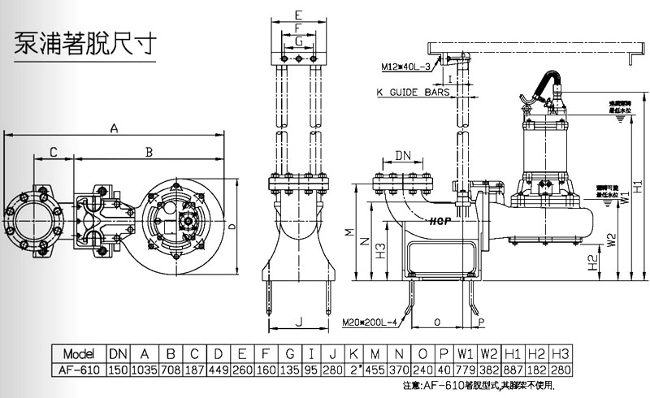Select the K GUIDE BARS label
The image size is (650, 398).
413,93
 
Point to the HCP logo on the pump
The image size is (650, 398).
441,219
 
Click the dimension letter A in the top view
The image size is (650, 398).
115,128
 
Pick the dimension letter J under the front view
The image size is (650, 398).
299,322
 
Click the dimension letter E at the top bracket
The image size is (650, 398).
298,15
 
